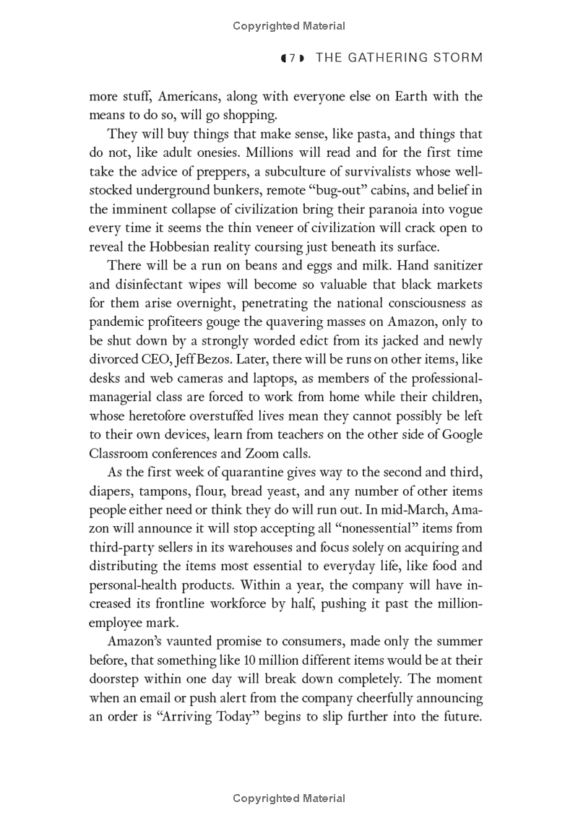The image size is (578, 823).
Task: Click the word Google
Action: tap(461, 435)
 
